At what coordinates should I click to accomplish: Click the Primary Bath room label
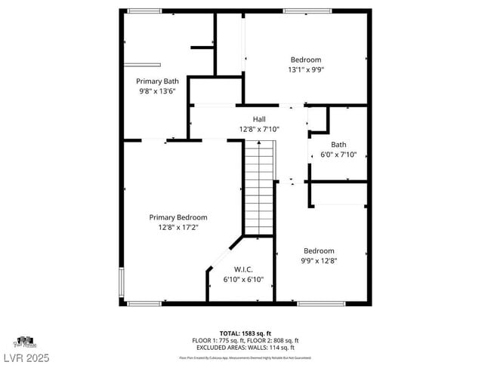157,81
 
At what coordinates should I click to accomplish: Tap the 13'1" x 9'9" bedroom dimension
306,70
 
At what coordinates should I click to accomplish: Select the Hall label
259,119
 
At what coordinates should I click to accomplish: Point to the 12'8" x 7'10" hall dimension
259,129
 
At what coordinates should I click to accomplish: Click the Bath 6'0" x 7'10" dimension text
338,155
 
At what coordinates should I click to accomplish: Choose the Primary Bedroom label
178,217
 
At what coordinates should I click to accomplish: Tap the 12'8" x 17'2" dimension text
178,227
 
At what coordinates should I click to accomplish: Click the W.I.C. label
242,269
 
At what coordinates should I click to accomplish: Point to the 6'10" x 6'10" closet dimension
242,279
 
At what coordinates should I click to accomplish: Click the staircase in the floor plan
258,189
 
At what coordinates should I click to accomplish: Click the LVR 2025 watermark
26,355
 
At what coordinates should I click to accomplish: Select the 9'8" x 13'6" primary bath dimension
157,90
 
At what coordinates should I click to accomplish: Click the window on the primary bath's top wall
144,11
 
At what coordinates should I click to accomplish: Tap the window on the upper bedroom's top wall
307,11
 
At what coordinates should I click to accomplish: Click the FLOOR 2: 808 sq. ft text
274,340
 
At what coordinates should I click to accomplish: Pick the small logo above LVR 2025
25,342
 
